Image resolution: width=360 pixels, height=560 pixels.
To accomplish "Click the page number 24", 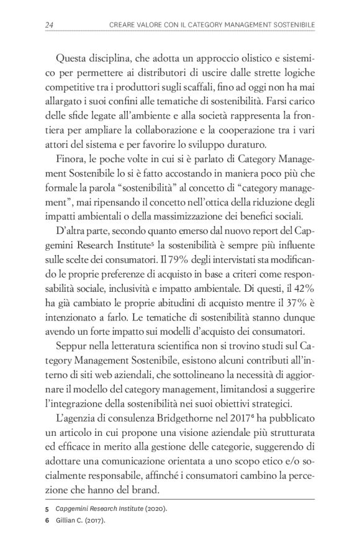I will pyautogui.click(x=49, y=25).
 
